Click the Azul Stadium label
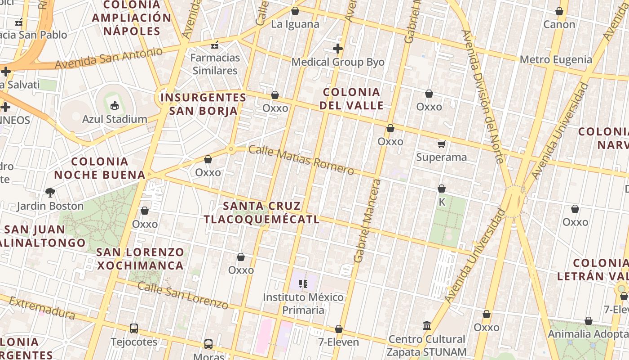[115, 119]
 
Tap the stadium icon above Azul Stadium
[115, 106]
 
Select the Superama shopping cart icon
[442, 144]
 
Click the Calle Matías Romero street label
[301, 160]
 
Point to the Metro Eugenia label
[556, 59]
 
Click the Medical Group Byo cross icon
[338, 49]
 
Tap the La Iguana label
[295, 24]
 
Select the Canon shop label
[559, 24]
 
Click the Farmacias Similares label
[215, 64]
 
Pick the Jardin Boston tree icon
[50, 193]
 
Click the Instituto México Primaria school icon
[303, 284]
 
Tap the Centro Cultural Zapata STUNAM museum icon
[427, 325]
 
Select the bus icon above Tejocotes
[134, 328]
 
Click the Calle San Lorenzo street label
[183, 295]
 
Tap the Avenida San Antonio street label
[108, 58]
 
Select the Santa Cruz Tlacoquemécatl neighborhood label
[262, 212]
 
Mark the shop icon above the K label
[442, 189]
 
